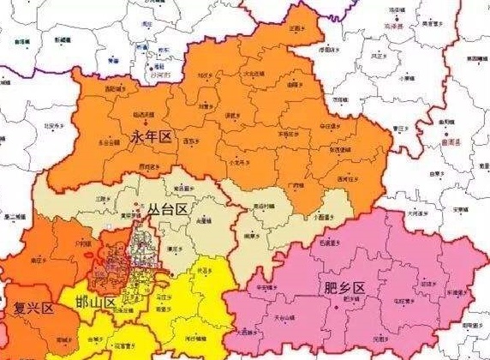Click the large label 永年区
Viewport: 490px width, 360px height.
[152, 135]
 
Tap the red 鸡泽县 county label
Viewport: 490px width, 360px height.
[393, 27]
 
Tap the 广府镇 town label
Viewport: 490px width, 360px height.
[293, 183]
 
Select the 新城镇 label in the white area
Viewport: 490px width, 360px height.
[64, 39]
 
